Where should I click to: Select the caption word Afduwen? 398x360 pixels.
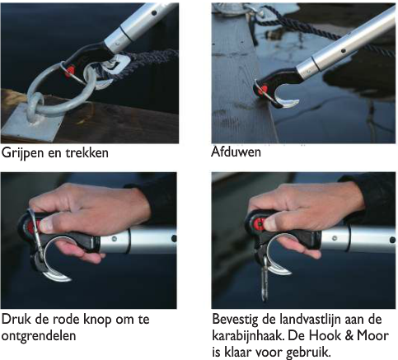236,152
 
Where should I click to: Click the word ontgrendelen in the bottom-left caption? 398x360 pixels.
39,335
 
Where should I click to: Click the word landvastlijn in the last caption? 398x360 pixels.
311,320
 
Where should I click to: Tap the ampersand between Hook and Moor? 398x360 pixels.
349,335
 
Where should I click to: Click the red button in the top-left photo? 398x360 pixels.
70,72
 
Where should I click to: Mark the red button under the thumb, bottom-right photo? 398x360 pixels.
259,223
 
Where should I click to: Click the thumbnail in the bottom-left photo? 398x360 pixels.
45,224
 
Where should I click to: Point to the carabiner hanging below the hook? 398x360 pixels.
265,278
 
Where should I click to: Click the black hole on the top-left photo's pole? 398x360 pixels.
154,12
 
